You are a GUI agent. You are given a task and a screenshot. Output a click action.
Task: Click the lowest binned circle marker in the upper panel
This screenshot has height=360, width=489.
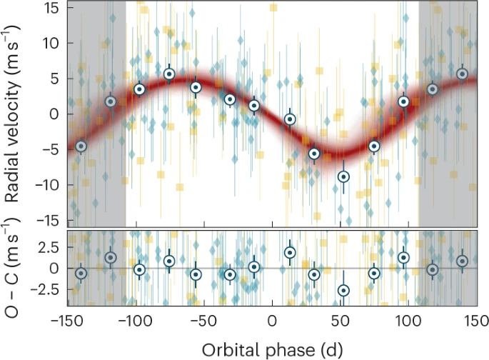343,176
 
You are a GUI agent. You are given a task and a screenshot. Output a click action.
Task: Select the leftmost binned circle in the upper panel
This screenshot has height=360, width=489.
81,146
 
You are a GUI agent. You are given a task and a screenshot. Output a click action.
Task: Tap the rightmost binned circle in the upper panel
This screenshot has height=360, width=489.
462,74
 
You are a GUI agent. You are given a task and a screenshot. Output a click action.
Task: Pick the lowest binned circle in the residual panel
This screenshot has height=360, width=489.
343,290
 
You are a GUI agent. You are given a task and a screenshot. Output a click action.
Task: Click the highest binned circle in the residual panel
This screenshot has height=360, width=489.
290,252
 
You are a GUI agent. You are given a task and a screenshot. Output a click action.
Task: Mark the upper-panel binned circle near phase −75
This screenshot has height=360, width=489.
169,74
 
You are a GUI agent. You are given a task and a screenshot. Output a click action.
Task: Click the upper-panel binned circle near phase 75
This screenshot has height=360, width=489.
374,146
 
